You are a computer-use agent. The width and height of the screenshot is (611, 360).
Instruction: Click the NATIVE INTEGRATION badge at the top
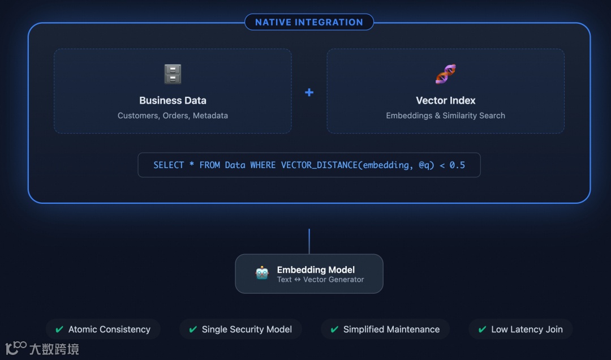click(x=309, y=22)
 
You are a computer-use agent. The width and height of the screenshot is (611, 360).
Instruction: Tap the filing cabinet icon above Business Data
click(x=173, y=74)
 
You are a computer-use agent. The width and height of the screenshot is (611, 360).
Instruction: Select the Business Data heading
click(x=173, y=101)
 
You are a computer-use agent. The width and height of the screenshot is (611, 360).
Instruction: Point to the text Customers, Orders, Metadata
click(x=173, y=115)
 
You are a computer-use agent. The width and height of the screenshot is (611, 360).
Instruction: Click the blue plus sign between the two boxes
click(x=309, y=92)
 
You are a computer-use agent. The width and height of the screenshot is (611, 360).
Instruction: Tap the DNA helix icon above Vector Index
click(x=445, y=74)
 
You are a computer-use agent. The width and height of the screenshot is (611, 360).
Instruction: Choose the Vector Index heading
click(x=445, y=101)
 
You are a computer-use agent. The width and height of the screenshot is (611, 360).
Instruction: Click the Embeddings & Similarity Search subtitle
click(x=445, y=115)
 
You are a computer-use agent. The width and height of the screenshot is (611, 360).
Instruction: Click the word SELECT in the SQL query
click(x=169, y=165)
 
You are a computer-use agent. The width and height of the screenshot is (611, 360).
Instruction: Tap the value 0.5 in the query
click(x=457, y=165)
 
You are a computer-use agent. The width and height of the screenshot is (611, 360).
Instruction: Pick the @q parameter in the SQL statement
click(x=426, y=165)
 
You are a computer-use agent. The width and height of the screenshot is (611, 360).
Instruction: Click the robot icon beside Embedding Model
click(x=262, y=273)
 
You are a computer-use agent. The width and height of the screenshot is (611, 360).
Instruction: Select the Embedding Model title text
click(x=316, y=270)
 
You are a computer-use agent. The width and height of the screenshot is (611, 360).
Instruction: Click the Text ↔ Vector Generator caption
click(x=320, y=280)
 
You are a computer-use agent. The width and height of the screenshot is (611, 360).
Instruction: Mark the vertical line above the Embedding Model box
click(x=309, y=241)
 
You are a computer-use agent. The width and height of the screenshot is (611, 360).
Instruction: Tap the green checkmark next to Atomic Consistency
click(x=59, y=329)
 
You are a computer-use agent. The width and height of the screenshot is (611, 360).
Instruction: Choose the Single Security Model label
click(x=247, y=329)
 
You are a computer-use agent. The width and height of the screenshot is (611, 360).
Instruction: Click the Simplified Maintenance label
click(x=391, y=329)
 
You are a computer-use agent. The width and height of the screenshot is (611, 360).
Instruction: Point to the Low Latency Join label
click(x=527, y=329)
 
